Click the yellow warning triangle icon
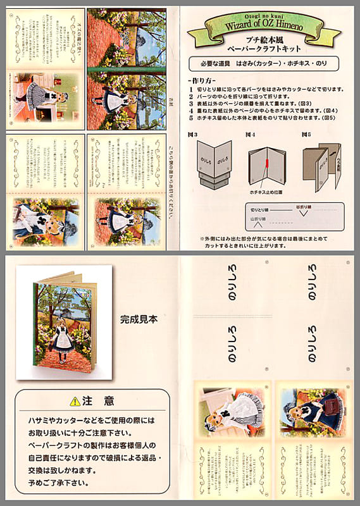pyautogui.click(x=76, y=401)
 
